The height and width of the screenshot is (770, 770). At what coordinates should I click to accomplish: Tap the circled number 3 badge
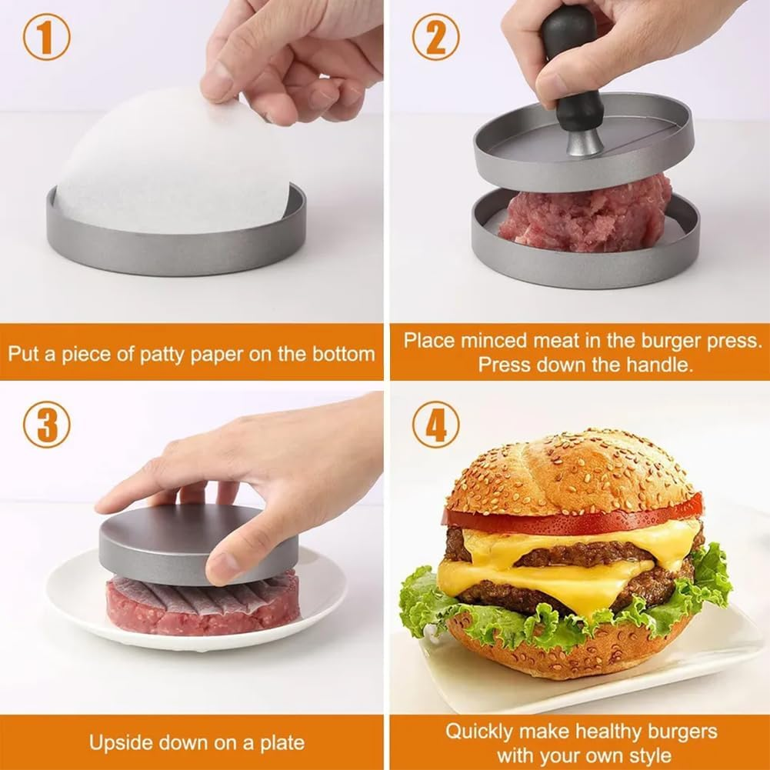(x=46, y=425)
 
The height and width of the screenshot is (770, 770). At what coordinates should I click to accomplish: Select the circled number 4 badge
(x=436, y=425)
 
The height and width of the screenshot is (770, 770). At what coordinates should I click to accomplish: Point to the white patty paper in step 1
(x=169, y=169)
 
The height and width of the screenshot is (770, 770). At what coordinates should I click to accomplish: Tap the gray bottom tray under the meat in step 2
(x=585, y=265)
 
